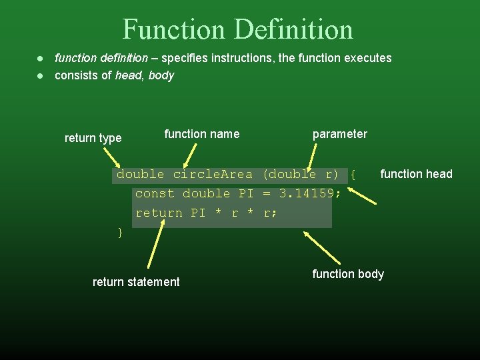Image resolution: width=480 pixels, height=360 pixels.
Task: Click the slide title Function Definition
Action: (238, 29)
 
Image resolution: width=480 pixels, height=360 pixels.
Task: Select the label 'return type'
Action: (93, 138)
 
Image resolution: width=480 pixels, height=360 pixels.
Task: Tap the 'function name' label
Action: (201, 134)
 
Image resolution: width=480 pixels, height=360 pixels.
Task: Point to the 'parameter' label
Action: (339, 134)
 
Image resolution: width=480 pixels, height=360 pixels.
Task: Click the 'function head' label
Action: (416, 174)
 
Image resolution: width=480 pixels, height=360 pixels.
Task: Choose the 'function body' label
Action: (348, 274)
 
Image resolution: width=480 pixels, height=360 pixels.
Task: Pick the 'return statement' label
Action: (136, 282)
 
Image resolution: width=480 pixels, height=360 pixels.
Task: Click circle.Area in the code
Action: (213, 175)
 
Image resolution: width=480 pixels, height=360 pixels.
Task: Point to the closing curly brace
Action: (120, 232)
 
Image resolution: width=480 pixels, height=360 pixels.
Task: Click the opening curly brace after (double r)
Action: (353, 175)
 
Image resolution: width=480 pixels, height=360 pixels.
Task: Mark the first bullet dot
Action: (41, 58)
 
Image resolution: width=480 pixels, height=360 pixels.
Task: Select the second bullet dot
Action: (41, 75)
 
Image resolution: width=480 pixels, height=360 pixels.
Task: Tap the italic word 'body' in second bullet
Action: (161, 75)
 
